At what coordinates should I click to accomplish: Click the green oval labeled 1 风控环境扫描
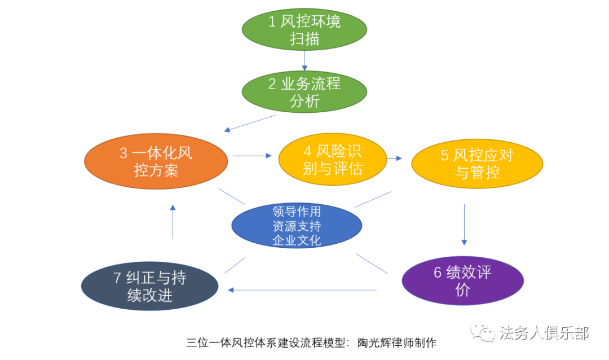click(304, 29)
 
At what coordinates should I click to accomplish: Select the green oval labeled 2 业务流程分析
click(304, 92)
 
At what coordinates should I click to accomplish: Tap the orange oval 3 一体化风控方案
click(156, 161)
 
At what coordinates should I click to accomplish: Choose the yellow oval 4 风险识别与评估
click(333, 159)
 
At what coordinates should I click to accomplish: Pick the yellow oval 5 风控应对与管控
click(477, 164)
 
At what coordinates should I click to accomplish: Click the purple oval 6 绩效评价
click(462, 280)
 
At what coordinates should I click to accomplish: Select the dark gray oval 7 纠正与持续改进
click(149, 286)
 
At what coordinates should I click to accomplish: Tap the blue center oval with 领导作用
click(297, 226)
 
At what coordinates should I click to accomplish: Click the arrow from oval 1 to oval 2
click(304, 60)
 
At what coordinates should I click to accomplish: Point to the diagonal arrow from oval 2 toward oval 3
click(250, 123)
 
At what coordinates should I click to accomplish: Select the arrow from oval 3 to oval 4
click(252, 156)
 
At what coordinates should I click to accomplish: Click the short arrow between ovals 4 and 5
click(394, 158)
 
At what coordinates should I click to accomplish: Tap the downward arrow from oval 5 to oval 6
click(464, 225)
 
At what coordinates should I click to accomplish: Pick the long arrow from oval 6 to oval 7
click(302, 290)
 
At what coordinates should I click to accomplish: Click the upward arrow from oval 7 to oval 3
click(173, 222)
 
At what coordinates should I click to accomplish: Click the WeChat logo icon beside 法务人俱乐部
click(482, 332)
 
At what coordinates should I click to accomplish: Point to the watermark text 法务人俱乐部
click(544, 333)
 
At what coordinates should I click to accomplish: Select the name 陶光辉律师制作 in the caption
click(397, 343)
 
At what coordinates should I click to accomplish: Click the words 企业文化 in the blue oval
click(297, 240)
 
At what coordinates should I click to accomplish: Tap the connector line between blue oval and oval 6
click(372, 264)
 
